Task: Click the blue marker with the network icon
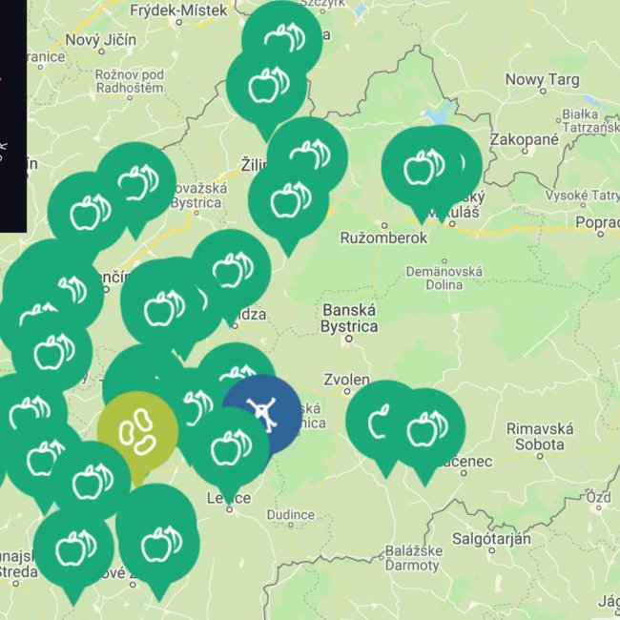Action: (x=261, y=412)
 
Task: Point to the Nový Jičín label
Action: (x=102, y=40)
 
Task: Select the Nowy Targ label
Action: (x=540, y=80)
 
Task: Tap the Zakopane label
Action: (x=524, y=139)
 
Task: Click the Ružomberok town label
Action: (x=383, y=238)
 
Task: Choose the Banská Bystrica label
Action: (x=349, y=318)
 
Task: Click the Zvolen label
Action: (x=347, y=379)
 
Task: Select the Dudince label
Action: (x=292, y=515)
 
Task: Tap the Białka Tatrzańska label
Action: (x=589, y=119)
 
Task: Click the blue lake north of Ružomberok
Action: (x=440, y=113)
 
